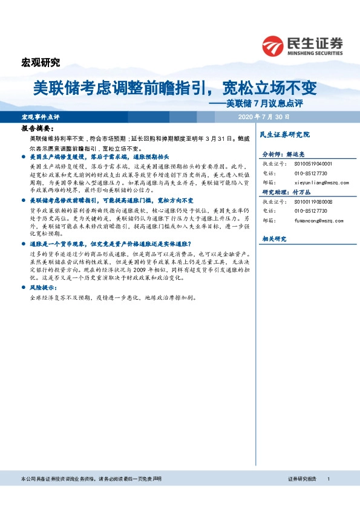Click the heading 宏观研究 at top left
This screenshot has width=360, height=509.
[x=41, y=62]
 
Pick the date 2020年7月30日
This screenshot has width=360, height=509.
[x=264, y=115]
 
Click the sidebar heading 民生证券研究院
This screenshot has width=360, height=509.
[x=284, y=134]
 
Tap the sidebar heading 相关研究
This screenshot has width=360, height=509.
[x=273, y=239]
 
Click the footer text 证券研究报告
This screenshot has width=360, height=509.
[x=302, y=479]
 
